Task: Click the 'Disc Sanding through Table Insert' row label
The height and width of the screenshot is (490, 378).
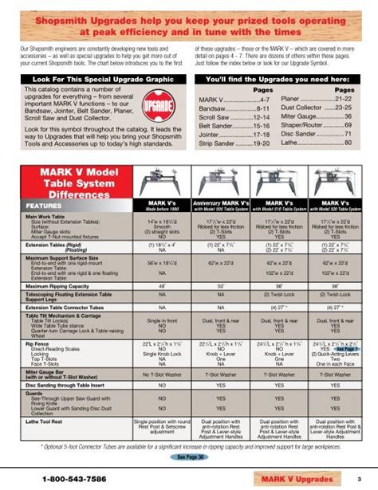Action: tap(65, 385)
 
